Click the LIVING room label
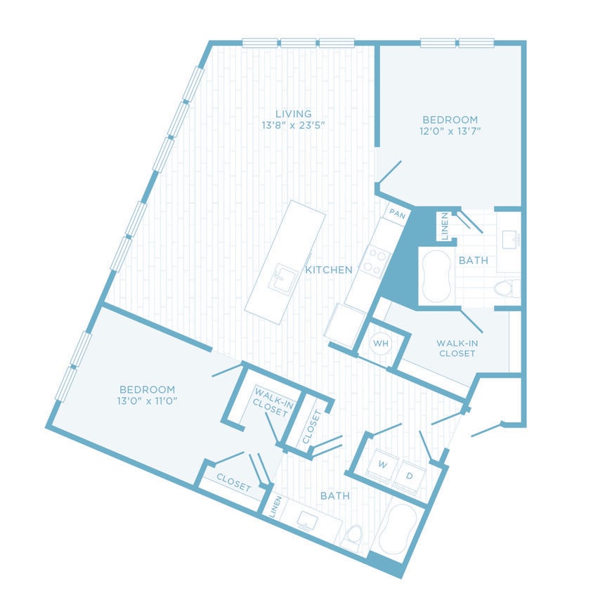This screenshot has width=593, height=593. (x=293, y=114)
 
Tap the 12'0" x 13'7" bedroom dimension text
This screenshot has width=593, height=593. (x=450, y=131)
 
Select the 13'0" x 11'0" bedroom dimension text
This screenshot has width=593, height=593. (x=147, y=401)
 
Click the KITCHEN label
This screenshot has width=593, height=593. (x=328, y=270)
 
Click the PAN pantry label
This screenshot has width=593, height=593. (x=396, y=214)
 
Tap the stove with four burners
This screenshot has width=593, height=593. (x=374, y=261)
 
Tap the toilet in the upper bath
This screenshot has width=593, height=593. (x=504, y=288)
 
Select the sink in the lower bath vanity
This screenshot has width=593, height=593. (x=308, y=520)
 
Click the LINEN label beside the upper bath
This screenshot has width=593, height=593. (x=445, y=225)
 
